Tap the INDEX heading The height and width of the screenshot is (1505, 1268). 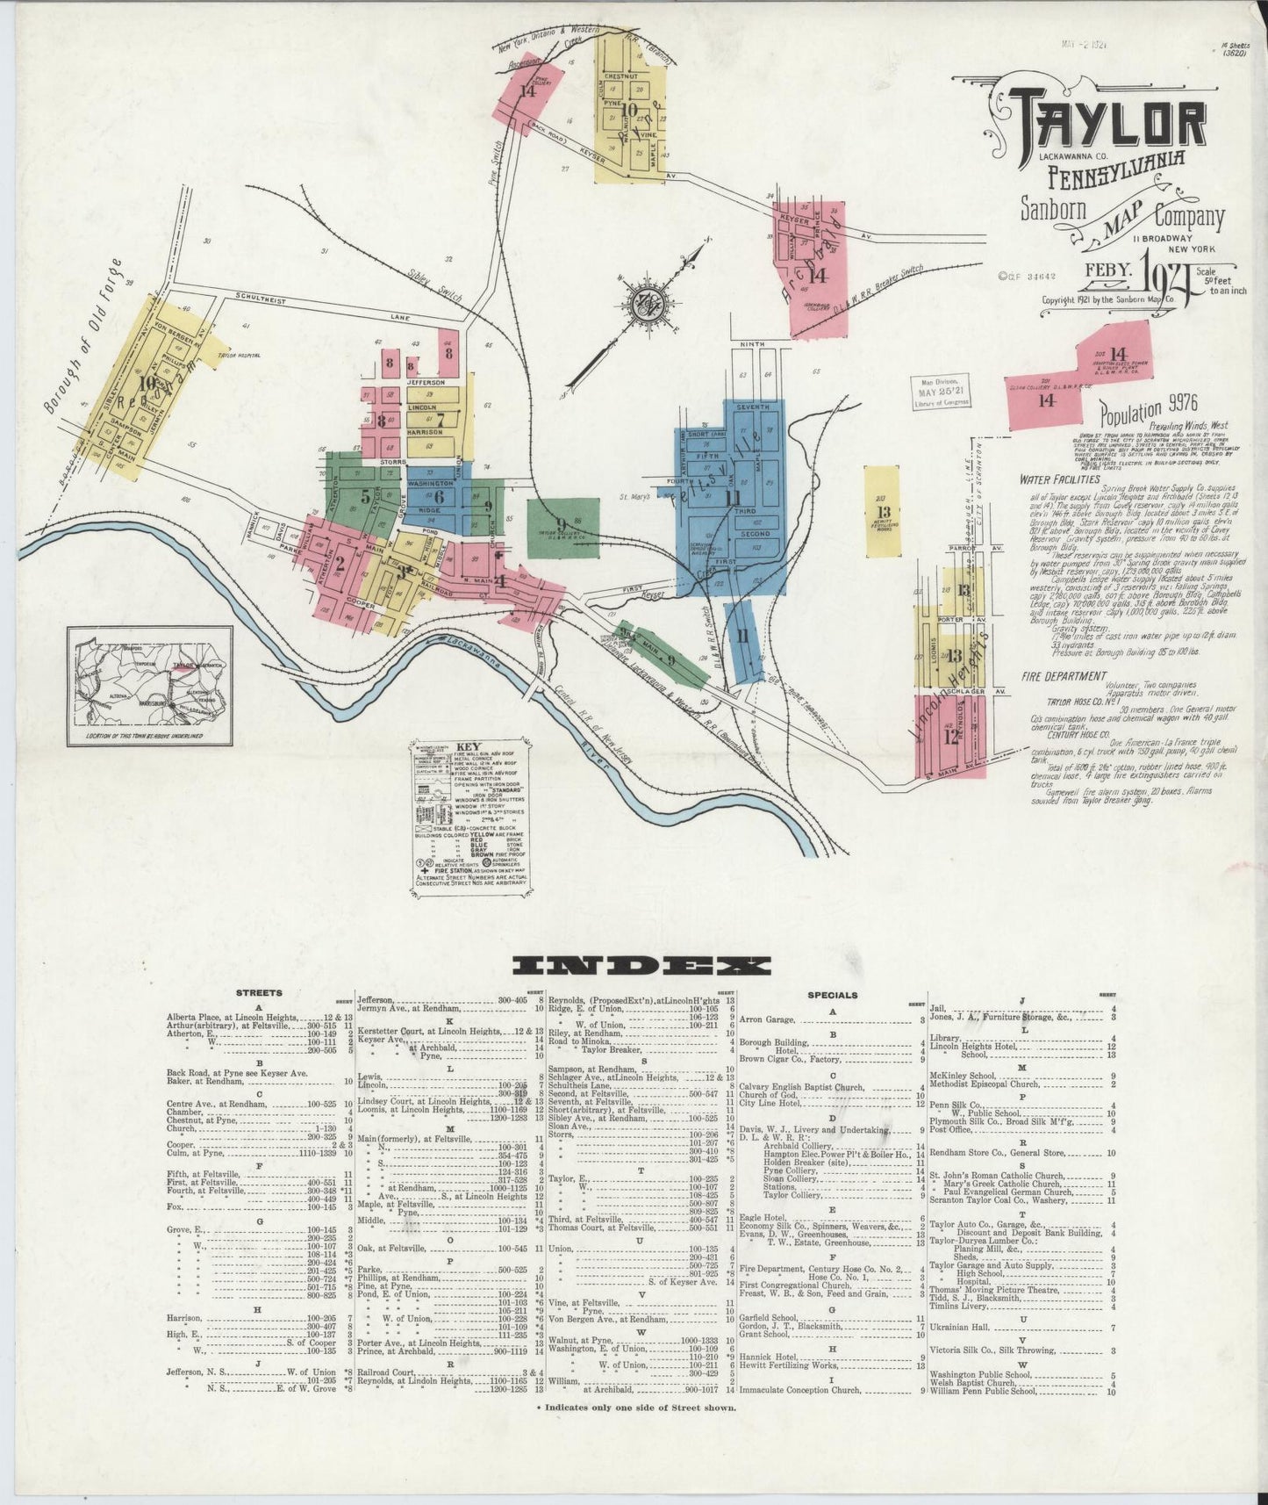[x=641, y=966]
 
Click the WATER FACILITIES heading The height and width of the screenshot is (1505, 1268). [x=1060, y=480]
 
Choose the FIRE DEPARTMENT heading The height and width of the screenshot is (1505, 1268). [x=1063, y=676]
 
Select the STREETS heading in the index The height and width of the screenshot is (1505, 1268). [x=259, y=993]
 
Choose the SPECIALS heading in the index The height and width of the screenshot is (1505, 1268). [x=832, y=995]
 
